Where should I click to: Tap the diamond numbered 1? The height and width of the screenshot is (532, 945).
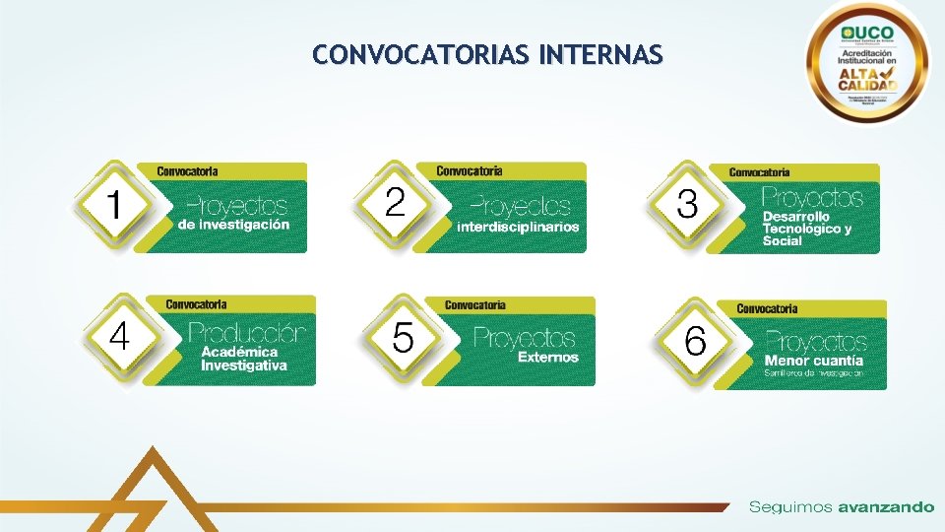[x=114, y=205]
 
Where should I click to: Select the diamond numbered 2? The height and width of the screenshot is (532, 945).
[x=395, y=203]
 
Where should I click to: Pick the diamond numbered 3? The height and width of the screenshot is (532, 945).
[x=687, y=205]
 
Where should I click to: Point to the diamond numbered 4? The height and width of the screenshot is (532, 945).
[x=118, y=337]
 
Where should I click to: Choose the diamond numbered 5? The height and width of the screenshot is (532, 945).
[x=403, y=338]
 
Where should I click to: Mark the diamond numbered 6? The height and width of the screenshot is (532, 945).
[x=695, y=343]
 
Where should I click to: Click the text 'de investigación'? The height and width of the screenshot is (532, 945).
[x=234, y=225]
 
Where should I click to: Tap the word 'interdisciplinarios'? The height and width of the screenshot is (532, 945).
[x=518, y=227]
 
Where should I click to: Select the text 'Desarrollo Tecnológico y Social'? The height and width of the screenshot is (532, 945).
[x=806, y=229]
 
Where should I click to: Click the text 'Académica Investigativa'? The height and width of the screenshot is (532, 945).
[x=244, y=359]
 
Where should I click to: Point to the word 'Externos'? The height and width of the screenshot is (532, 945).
[x=548, y=357]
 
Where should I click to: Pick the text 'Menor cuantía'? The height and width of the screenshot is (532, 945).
[x=814, y=361]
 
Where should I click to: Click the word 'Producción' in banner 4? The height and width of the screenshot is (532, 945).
[x=246, y=333]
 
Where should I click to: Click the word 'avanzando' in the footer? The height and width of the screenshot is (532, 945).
[x=886, y=507]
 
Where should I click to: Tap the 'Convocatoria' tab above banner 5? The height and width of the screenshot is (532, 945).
[x=474, y=305]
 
